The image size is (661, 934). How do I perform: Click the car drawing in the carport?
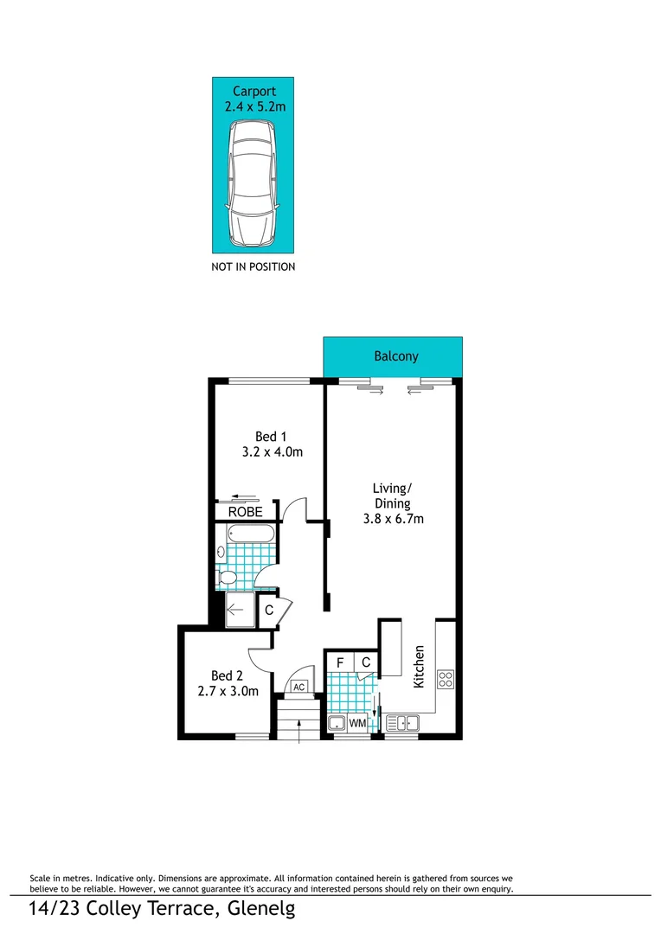[x=253, y=183]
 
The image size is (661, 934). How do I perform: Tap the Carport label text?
[x=253, y=91]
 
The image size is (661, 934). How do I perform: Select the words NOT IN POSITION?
[x=253, y=267]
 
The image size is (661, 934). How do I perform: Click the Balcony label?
[x=396, y=356]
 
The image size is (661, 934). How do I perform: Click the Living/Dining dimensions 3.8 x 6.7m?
[x=393, y=520]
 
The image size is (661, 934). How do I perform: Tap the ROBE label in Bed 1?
[x=245, y=512]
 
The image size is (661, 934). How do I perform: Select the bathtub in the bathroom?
[x=247, y=534]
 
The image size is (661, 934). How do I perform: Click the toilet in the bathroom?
[x=228, y=577]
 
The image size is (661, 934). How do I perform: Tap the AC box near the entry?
[x=299, y=687]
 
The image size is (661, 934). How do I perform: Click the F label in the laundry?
[x=340, y=662]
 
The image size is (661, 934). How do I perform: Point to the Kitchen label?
[x=419, y=666]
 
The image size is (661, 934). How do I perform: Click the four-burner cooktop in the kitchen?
[x=446, y=679]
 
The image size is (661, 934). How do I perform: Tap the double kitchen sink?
[x=401, y=723]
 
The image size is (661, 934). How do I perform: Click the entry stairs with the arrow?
[x=298, y=719]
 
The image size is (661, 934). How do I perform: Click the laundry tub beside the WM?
[x=337, y=723]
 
